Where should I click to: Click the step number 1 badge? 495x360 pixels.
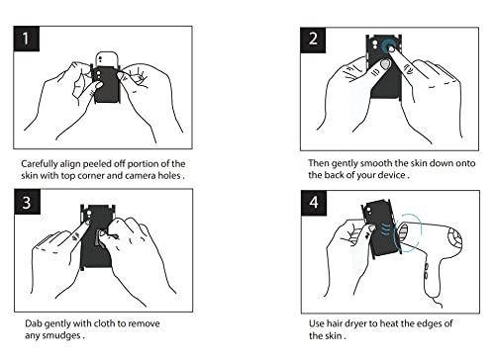[x=27, y=39]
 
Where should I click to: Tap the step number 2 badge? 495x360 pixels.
[x=313, y=40]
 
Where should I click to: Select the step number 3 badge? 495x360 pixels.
[x=28, y=202]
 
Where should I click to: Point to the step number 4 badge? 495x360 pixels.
[x=314, y=203]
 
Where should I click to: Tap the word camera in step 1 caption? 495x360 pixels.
[x=140, y=176]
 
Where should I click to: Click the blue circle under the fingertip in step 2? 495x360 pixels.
[x=389, y=45]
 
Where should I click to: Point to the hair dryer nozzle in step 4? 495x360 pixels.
[x=403, y=234]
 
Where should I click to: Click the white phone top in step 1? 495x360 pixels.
[x=107, y=59]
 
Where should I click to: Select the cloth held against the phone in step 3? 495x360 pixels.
[x=100, y=238]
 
